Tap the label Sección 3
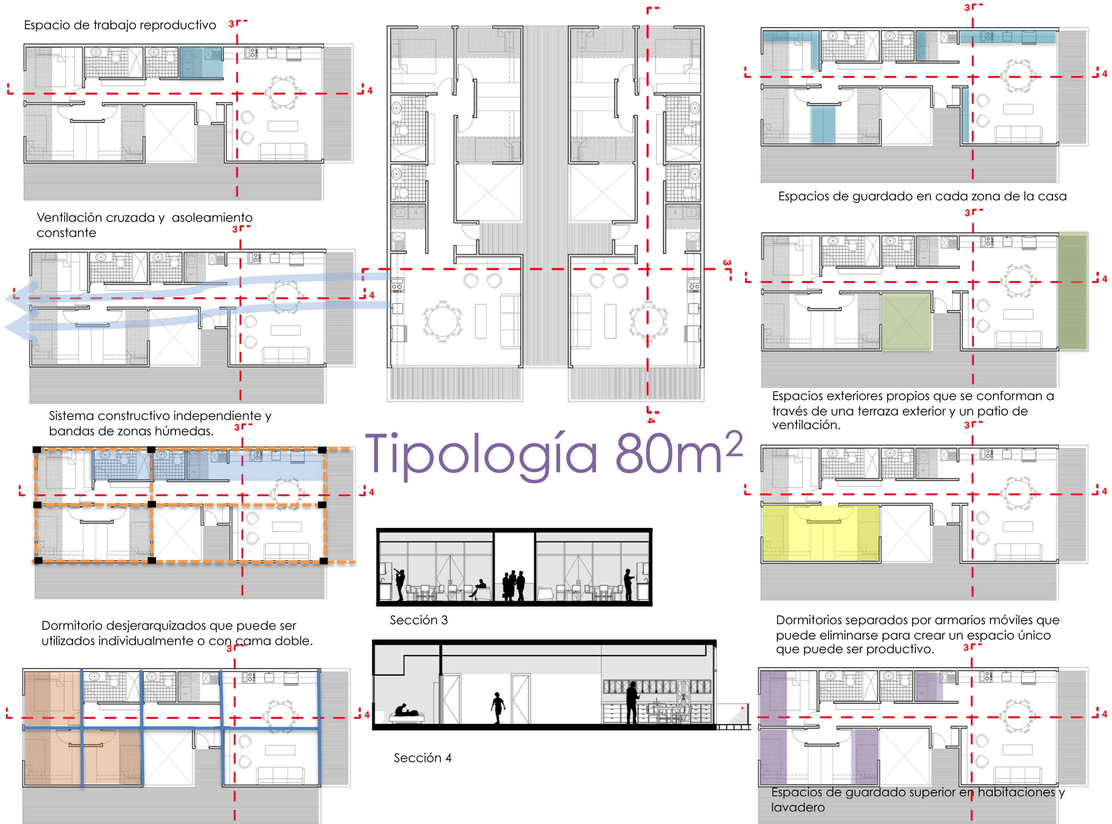pos(419,620)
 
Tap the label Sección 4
pos(423,757)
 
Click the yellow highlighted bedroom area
pos(820,533)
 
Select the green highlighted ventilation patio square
pos(906,321)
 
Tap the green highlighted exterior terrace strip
pos(1073,291)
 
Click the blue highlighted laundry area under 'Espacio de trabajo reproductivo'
pos(201,63)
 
